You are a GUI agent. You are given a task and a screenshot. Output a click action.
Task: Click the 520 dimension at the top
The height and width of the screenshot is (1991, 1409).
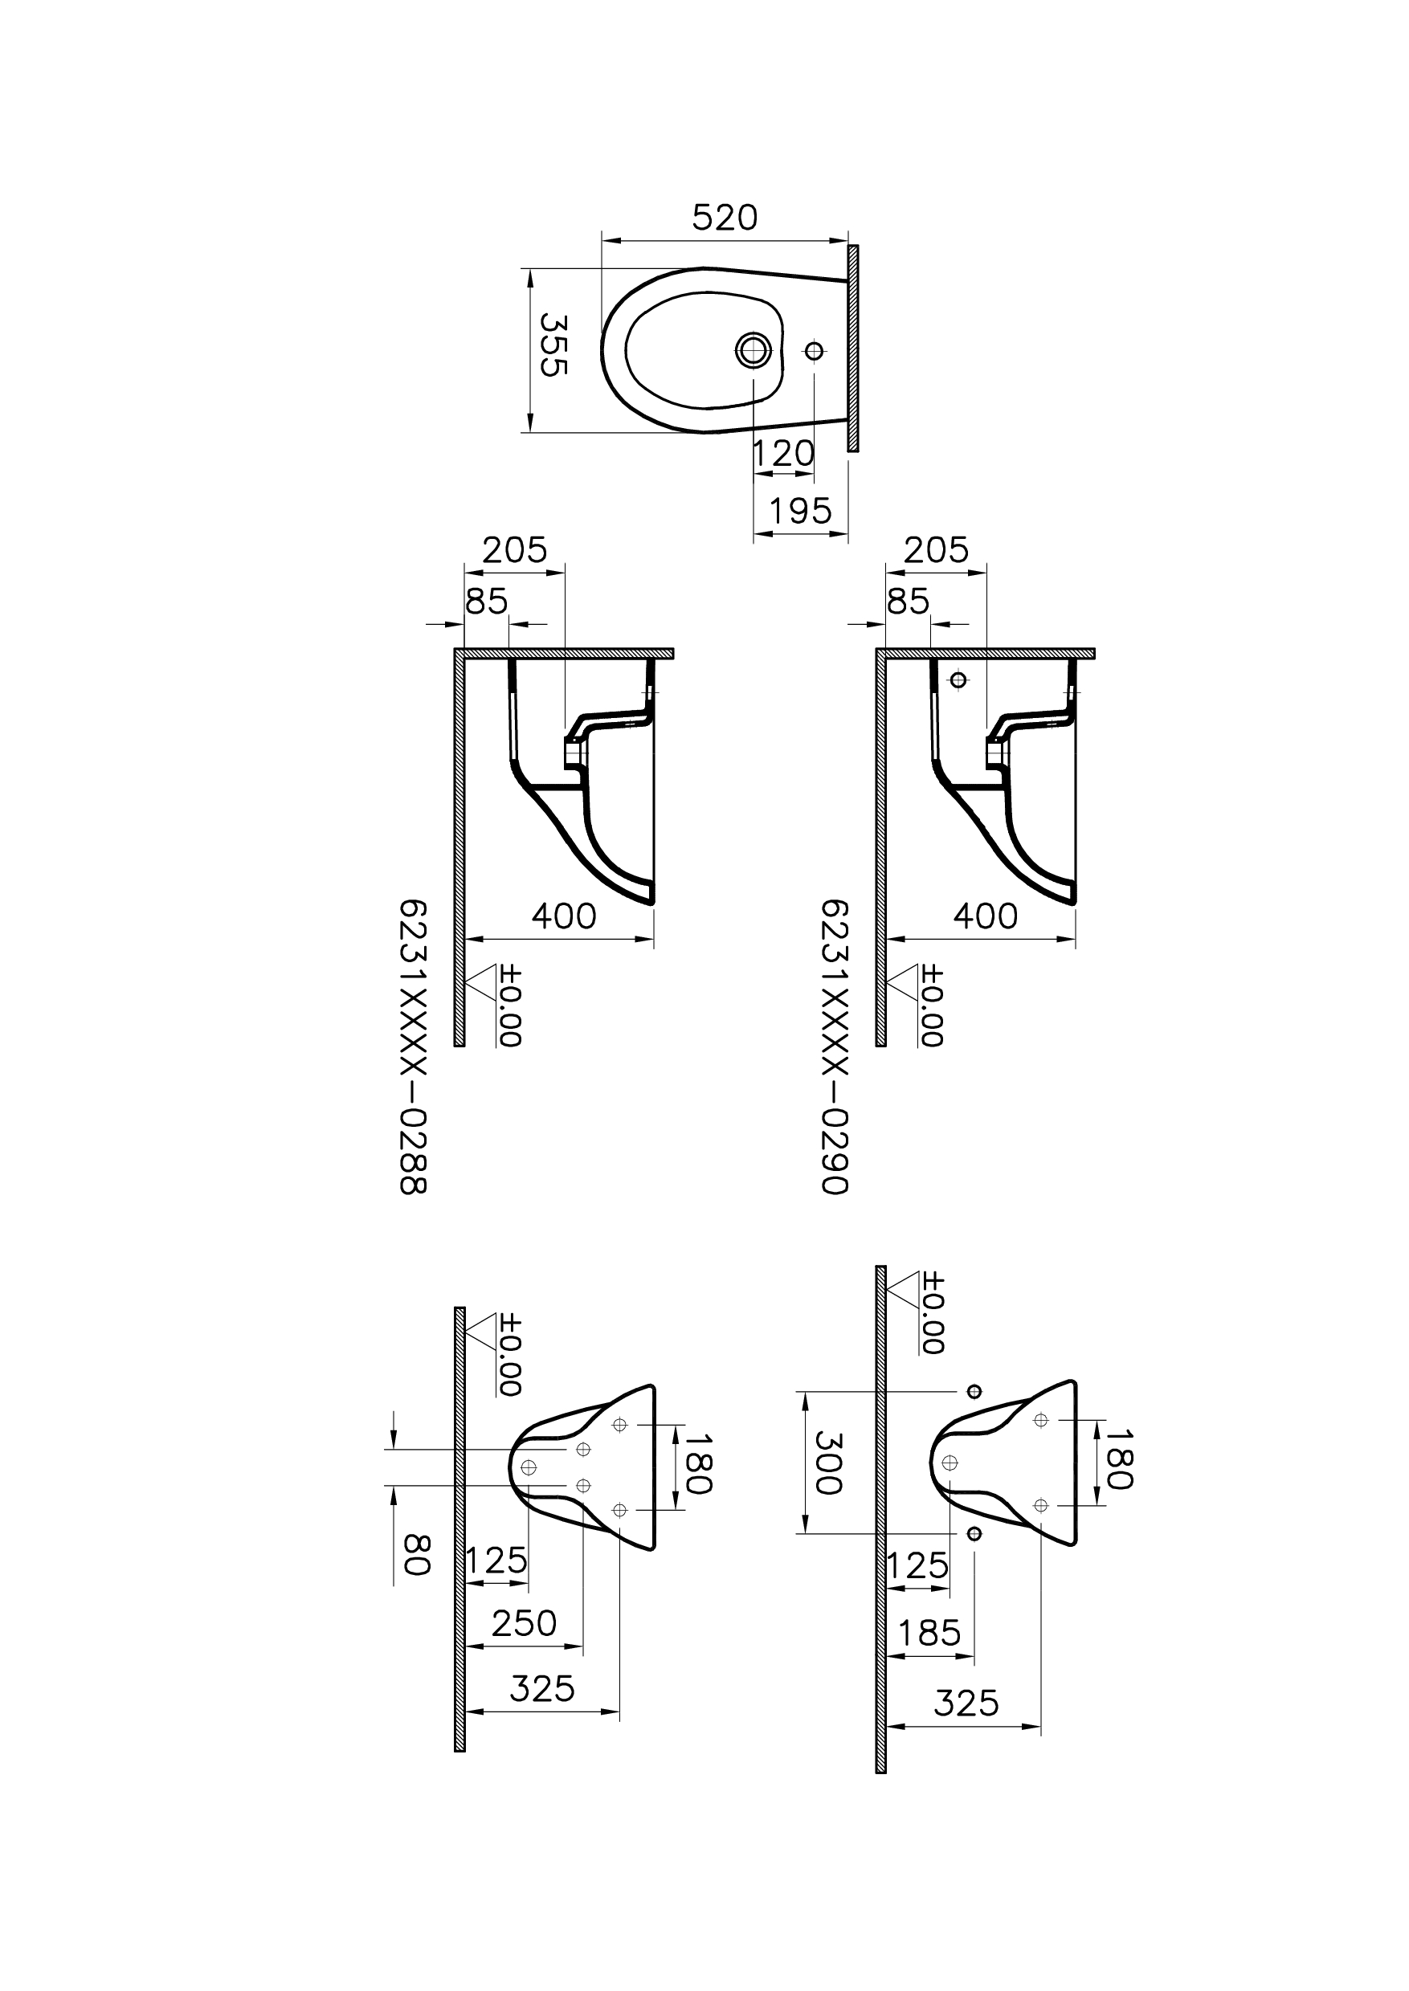[725, 218]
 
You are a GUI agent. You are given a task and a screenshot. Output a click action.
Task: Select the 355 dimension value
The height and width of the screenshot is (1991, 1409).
[553, 345]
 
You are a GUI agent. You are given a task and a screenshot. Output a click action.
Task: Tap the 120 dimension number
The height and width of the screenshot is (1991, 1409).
[782, 453]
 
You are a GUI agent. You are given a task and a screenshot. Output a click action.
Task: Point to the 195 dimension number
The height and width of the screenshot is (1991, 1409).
[800, 511]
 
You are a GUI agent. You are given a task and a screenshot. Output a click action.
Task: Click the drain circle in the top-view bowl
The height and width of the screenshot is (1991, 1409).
[753, 349]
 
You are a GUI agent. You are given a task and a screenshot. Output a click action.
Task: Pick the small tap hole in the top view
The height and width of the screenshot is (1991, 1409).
[814, 351]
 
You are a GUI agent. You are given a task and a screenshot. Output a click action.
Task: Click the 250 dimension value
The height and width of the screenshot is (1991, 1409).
[524, 1623]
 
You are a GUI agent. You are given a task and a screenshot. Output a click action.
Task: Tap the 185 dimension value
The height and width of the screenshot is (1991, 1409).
[929, 1634]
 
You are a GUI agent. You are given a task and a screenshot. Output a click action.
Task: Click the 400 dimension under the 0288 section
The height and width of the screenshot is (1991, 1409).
[564, 916]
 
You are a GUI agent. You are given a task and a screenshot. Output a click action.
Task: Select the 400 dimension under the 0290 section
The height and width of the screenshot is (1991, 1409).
[986, 916]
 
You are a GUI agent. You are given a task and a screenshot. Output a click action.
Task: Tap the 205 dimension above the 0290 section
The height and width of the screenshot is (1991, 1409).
[936, 550]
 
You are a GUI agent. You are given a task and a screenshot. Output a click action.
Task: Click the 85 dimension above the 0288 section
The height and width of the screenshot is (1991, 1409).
[486, 602]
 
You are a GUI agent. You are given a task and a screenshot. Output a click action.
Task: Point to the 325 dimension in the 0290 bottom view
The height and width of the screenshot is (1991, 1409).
[966, 1705]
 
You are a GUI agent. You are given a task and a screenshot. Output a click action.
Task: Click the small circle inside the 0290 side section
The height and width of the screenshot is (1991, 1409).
[958, 680]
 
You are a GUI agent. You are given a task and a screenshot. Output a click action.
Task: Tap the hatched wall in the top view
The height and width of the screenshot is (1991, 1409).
[853, 348]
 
